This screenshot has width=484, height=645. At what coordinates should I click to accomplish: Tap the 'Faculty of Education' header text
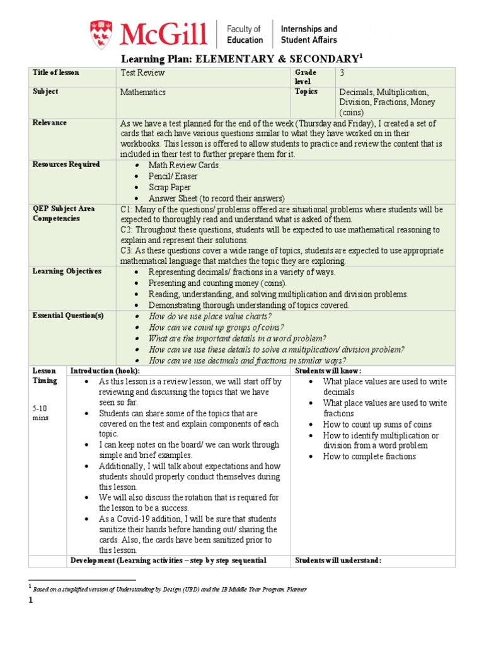245,34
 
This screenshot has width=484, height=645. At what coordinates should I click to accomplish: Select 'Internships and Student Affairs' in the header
308,34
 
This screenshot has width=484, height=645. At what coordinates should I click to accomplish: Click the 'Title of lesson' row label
56,72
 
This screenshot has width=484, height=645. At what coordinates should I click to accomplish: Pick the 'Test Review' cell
142,73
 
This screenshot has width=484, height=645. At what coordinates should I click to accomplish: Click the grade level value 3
341,73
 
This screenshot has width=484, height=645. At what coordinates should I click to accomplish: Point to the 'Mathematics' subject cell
143,92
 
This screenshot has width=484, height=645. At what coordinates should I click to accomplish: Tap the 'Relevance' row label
50,123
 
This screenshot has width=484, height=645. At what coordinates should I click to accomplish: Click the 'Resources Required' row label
66,164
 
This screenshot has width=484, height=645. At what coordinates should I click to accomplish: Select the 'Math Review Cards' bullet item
183,165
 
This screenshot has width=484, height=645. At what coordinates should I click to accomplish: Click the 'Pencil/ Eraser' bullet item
173,176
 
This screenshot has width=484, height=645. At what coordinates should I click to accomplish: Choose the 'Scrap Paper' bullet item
170,188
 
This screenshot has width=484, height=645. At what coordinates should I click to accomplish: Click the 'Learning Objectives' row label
67,271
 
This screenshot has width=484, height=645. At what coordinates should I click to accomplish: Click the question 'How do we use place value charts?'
210,316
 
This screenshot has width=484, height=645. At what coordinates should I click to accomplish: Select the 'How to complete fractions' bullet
369,457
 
